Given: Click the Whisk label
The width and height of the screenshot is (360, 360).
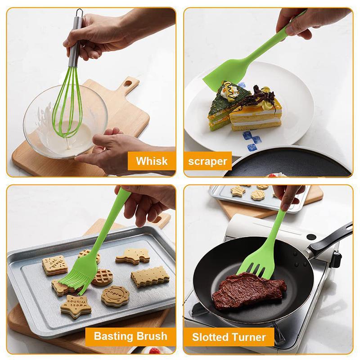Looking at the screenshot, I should (x=152, y=161).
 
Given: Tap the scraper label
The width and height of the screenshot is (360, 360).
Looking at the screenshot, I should (x=207, y=161).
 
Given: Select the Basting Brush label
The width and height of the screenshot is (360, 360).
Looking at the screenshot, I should (x=130, y=336).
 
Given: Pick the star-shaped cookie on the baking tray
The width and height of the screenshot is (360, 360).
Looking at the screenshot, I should (x=74, y=306).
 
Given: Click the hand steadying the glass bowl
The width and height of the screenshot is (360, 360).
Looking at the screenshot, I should (x=108, y=149).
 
